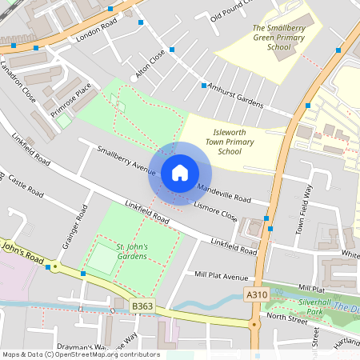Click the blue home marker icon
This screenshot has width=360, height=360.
coord(180,173)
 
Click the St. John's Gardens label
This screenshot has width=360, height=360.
coord(131,251)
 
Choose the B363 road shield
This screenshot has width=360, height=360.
coord(142,305)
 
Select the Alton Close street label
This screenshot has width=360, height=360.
coord(150,64)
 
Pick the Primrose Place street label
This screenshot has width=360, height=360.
coord(72,97)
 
